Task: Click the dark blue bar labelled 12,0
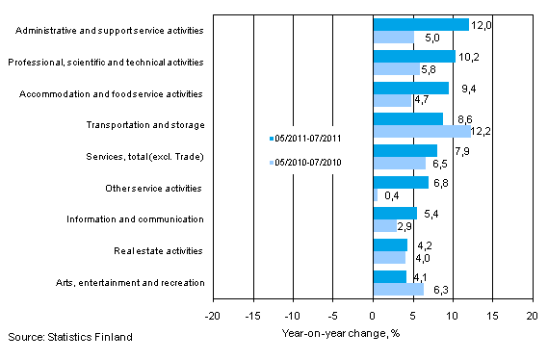point(420,25)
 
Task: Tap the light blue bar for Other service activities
point(375,195)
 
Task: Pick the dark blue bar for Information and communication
point(394,214)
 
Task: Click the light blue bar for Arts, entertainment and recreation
point(397,289)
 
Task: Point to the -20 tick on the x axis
point(213,315)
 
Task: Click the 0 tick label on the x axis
point(373,315)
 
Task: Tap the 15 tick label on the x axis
point(491,315)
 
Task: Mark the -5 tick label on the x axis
point(332,315)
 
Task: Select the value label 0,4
point(392,196)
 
